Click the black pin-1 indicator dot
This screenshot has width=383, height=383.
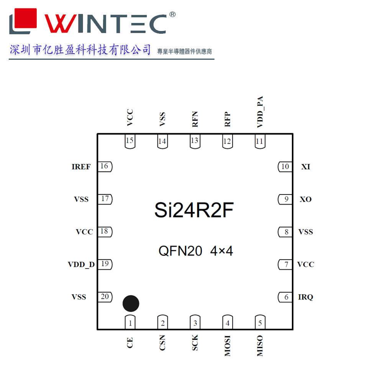point(131,303)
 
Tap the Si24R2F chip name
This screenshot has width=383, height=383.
point(194,210)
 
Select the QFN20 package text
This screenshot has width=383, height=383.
point(180,251)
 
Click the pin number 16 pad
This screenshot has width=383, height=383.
point(105,167)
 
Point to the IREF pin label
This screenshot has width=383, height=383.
point(81,167)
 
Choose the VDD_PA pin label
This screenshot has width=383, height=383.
point(260,112)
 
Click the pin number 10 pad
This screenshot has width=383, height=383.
point(285,167)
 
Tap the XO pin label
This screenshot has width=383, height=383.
point(306,200)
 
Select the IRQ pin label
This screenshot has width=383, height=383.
point(306,297)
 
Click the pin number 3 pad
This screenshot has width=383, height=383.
point(195,323)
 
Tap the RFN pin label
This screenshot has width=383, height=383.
point(195,119)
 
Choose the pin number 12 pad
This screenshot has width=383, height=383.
point(228,141)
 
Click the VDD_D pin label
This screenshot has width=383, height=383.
point(81,265)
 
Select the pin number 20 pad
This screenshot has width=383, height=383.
point(105,297)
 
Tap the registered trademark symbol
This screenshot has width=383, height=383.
point(172,15)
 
